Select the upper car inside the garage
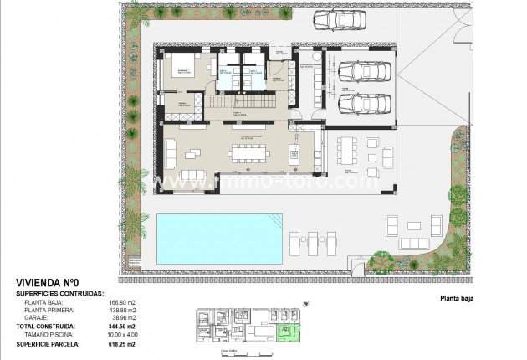tap(360, 73)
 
